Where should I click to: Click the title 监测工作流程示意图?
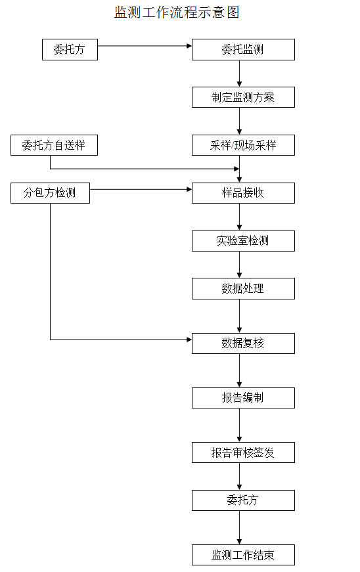click(177, 12)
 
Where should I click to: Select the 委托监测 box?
click(243, 49)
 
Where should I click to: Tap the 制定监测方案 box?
click(243, 97)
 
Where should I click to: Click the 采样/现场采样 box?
click(243, 145)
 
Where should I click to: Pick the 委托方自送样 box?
click(54, 145)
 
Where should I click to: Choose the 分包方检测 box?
click(50, 193)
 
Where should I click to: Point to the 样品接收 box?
click(243, 193)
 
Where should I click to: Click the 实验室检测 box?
click(243, 240)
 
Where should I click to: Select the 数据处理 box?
click(243, 288)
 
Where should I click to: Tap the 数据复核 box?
click(243, 343)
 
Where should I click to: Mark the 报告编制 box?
click(243, 397)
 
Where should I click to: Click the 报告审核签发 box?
click(243, 452)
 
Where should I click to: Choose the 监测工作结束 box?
click(243, 555)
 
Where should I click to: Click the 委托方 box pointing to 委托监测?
click(70, 50)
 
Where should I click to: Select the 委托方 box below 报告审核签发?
click(243, 500)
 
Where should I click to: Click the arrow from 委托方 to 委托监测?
click(145, 46)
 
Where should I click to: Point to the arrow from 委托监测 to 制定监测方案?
click(239, 74)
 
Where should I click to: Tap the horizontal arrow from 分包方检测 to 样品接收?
click(141, 190)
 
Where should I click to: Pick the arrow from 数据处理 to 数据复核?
click(239, 316)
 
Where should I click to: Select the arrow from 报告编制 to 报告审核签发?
click(239, 425)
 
